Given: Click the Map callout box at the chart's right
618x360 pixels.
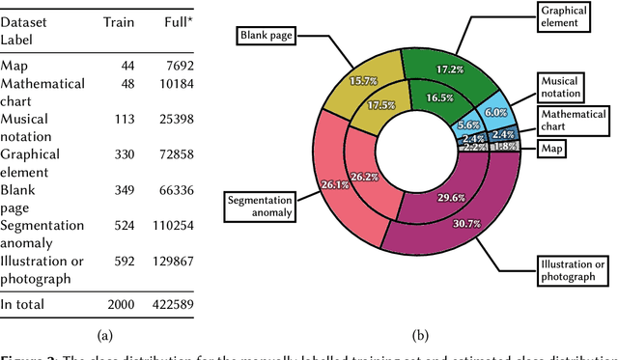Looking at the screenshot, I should pyautogui.click(x=551, y=149).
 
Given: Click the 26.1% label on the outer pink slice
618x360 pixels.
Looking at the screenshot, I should pyautogui.click(x=334, y=184).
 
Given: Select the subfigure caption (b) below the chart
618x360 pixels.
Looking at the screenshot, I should pyautogui.click(x=420, y=336).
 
